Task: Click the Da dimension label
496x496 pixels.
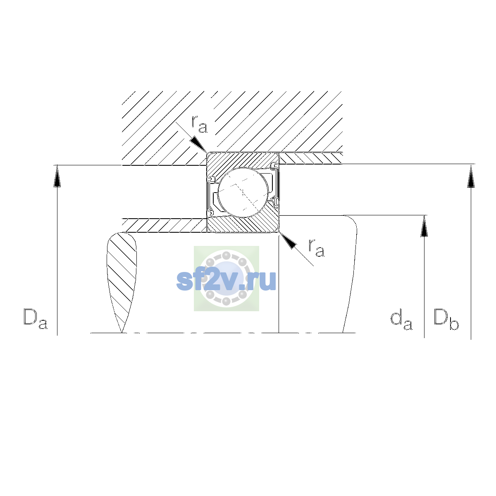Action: pos(36,319)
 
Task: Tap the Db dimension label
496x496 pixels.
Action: pos(446,319)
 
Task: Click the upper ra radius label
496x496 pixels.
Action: pos(199,124)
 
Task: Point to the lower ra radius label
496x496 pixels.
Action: pos(317,248)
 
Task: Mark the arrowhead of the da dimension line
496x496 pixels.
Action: pos(424,226)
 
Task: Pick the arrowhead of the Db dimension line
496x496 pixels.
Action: pos(471,176)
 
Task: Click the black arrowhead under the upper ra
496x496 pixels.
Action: pos(198,143)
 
